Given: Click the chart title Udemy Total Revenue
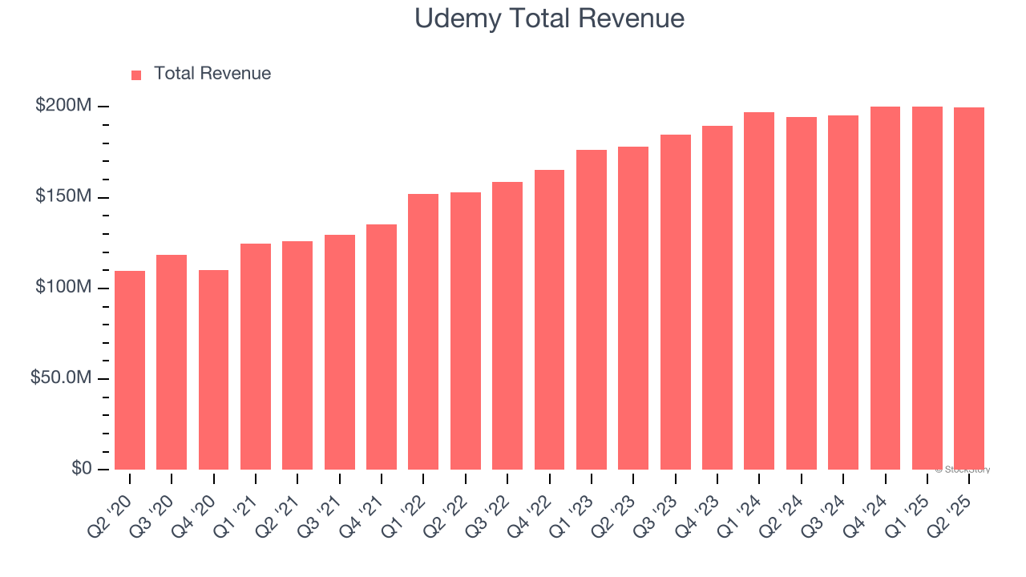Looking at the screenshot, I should click(549, 18).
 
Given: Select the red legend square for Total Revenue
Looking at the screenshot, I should click(136, 75).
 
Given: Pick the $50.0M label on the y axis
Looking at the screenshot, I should click(61, 377).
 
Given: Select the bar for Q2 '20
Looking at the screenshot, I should click(130, 370).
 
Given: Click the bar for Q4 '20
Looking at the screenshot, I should click(213, 370).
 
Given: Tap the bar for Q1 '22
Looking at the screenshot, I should click(423, 332).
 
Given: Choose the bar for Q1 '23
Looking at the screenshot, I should click(592, 309).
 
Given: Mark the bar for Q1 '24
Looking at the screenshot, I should click(759, 291).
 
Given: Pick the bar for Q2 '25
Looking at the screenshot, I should click(969, 288).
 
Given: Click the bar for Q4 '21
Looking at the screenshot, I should click(382, 347).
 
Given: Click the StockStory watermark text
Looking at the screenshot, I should click(963, 470).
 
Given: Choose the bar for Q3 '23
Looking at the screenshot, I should click(676, 302).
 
